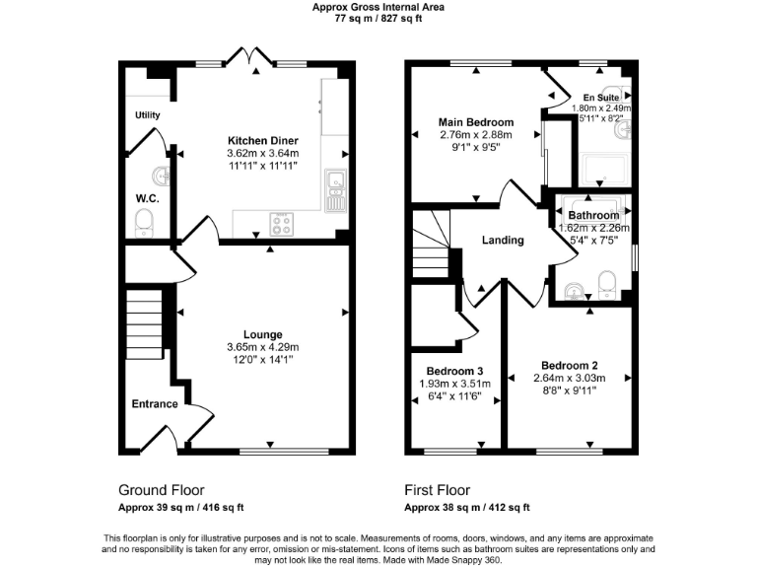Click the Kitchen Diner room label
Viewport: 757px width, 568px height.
click(262, 140)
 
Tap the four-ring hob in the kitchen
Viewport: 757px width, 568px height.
click(281, 225)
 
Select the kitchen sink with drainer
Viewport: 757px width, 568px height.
click(335, 189)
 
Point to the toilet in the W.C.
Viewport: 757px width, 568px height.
click(145, 220)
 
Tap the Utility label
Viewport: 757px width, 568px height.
click(148, 115)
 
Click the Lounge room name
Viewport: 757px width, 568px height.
click(263, 334)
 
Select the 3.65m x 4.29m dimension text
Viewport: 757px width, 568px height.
click(263, 347)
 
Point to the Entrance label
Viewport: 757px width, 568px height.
click(155, 404)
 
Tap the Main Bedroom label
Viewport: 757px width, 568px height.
click(476, 122)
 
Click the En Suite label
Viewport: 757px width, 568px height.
click(600, 98)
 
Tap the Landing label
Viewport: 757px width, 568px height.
click(503, 240)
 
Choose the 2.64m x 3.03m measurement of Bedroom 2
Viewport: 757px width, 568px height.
click(569, 378)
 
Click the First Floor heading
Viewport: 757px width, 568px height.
click(437, 490)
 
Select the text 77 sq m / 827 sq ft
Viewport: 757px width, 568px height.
click(378, 17)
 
